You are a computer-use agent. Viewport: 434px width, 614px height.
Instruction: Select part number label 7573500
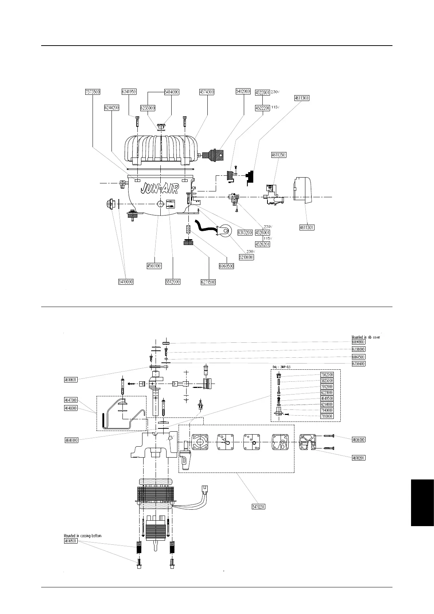pyautogui.click(x=93, y=92)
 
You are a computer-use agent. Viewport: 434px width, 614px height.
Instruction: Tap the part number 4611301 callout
pyautogui.click(x=306, y=228)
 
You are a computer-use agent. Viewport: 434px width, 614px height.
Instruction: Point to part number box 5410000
pyautogui.click(x=126, y=282)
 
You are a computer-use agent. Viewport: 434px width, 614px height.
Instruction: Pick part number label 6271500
pyautogui.click(x=208, y=282)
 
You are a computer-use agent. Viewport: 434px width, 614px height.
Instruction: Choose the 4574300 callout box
pyautogui.click(x=207, y=92)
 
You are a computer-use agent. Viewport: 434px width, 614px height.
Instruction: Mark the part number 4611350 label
pyautogui.click(x=279, y=155)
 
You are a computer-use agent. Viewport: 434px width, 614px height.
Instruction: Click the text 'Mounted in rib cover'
pyautogui.click(x=365, y=337)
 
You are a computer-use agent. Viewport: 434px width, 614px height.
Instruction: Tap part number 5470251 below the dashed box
pyautogui.click(x=258, y=506)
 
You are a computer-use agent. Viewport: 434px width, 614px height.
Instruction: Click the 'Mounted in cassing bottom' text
pyautogui.click(x=83, y=536)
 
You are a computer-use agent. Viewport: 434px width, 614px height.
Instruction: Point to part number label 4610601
pyautogui.click(x=69, y=380)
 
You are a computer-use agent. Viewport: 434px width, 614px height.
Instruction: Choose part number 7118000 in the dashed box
pyautogui.click(x=327, y=416)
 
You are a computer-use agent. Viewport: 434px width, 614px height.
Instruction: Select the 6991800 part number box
pyautogui.click(x=359, y=342)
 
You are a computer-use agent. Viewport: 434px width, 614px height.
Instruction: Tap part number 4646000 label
pyautogui.click(x=69, y=440)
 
